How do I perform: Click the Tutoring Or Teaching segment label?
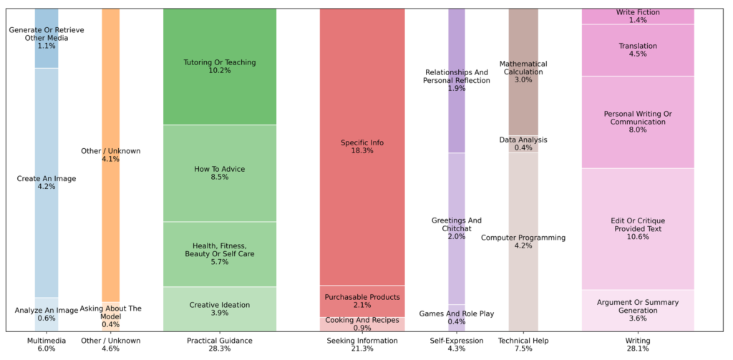[219, 67]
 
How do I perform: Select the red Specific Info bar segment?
[361, 147]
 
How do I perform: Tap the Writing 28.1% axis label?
[638, 345]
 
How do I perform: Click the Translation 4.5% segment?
[638, 50]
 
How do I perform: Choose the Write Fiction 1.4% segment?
[638, 16]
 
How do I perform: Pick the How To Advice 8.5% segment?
[219, 173]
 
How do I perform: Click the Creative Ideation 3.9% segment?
[219, 309]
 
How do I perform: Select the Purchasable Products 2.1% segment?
[361, 301]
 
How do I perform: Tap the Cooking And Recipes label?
[361, 323]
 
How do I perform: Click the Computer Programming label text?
[523, 238]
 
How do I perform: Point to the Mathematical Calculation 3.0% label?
[523, 72]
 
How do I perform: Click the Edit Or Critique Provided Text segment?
[638, 229]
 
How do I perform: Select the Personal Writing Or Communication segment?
[638, 122]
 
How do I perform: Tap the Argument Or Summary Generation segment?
[638, 311]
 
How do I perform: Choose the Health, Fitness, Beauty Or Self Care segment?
[219, 254]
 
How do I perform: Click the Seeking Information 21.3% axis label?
[361, 345]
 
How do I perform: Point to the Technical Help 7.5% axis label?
[523, 345]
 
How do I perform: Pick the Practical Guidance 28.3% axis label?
[219, 345]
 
